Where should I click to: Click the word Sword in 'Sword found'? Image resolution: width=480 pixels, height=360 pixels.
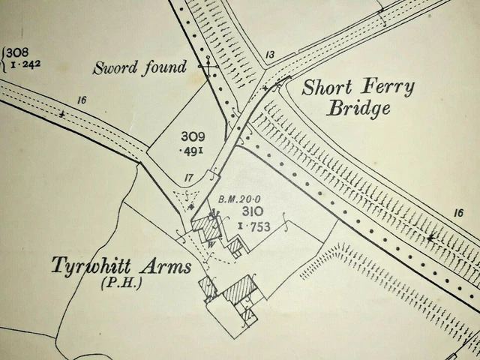[x=114, y=68]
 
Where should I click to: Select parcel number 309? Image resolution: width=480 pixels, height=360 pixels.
[x=193, y=136]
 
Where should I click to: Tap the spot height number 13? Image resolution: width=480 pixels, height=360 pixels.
[x=270, y=55]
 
